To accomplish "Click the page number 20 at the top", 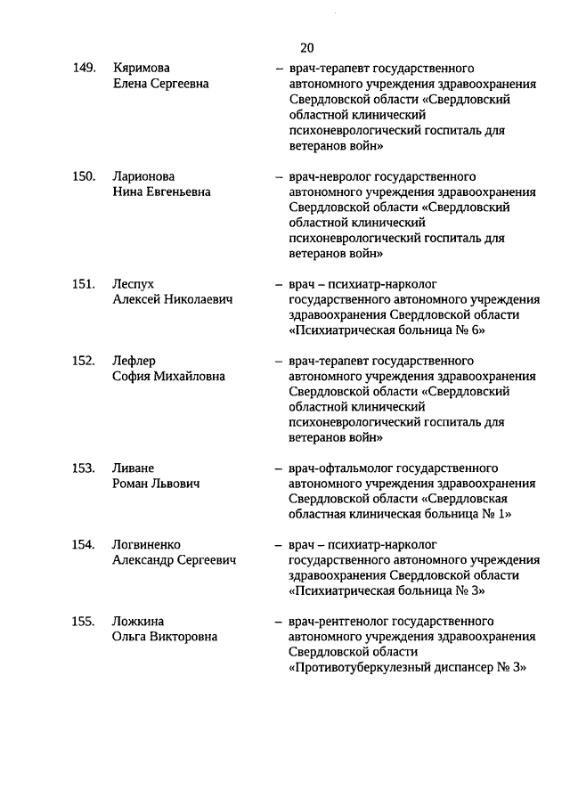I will click(306, 47).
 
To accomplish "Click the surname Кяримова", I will click(142, 69).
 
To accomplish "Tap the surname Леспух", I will click(134, 284).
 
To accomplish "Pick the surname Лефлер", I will click(134, 361).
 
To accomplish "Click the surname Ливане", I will click(134, 468).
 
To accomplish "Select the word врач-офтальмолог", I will click(339, 468).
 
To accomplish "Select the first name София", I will click(133, 376).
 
